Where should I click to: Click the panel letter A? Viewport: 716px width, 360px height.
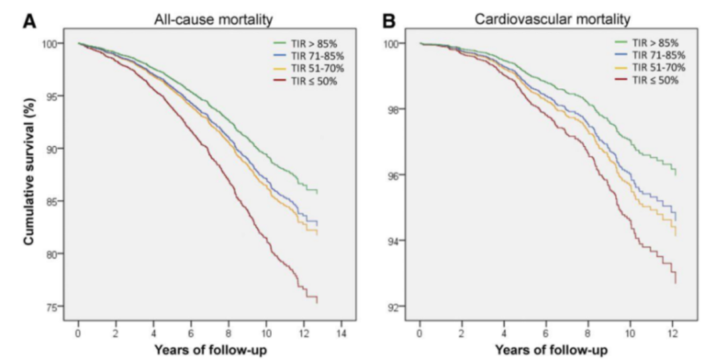pos(30,21)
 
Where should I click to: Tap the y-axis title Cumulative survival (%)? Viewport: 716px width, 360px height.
pos(30,174)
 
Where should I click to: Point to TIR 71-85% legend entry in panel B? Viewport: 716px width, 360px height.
pos(648,55)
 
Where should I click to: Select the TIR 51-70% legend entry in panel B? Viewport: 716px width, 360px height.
pos(648,68)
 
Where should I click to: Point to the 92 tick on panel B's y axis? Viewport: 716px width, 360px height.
pos(396,307)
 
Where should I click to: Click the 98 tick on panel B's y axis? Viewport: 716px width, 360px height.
pos(396,109)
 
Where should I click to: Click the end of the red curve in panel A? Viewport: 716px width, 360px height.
pos(318,302)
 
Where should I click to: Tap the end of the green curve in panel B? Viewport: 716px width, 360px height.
pos(676,175)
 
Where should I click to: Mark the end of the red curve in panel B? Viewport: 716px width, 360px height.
pos(676,283)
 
